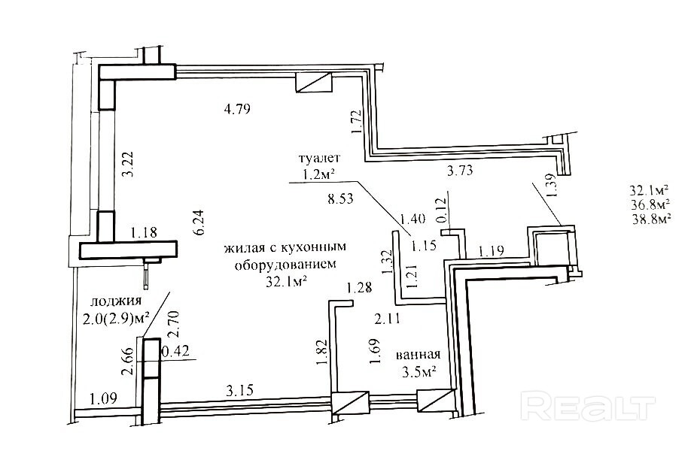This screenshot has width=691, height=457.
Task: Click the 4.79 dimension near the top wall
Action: [x=238, y=109]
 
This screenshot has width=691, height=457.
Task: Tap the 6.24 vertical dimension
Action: [x=199, y=222]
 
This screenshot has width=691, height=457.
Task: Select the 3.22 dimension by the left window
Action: [x=127, y=165]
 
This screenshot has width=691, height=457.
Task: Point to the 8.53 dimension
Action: [x=340, y=199]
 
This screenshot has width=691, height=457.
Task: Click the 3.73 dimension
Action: [x=460, y=171]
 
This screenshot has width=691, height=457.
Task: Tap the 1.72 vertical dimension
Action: [x=357, y=122]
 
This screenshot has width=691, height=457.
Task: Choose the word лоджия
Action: [x=116, y=301]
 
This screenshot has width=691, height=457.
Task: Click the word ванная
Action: [x=419, y=355]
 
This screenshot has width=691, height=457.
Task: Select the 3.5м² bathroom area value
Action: [x=419, y=373]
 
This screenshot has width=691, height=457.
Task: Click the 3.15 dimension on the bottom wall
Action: [x=239, y=390]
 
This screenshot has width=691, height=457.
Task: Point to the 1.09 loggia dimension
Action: [x=104, y=398]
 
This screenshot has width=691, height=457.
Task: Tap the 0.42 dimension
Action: [x=176, y=351]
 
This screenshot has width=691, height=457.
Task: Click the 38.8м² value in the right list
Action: [x=652, y=219]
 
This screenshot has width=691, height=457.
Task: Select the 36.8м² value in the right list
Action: [x=650, y=204]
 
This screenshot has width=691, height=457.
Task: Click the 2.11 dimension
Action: [x=388, y=319]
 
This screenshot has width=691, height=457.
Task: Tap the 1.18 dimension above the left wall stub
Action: [x=144, y=232]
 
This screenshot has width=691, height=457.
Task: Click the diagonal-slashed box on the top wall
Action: [x=313, y=83]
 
